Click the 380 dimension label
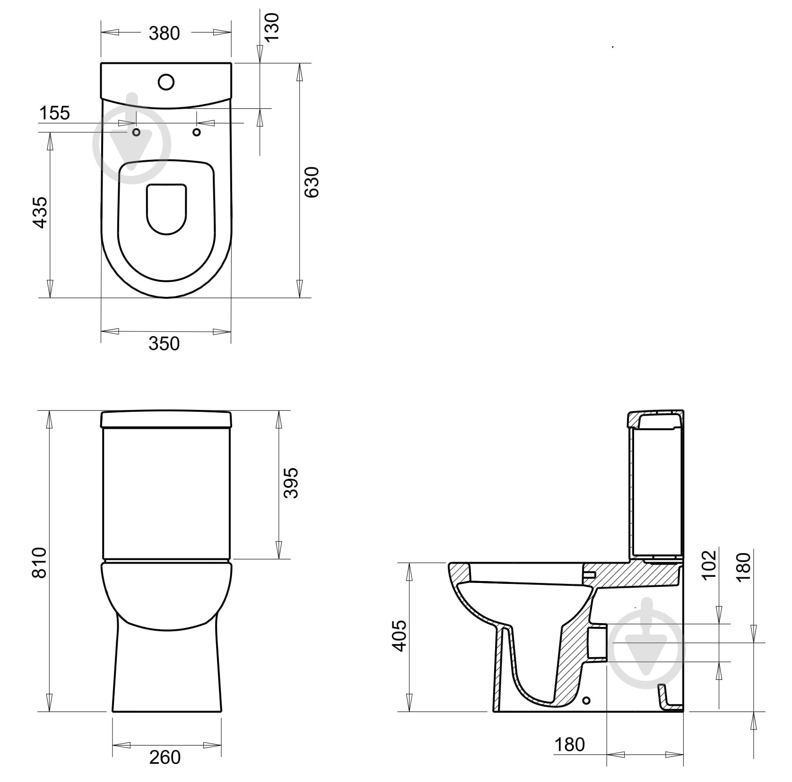pyautogui.click(x=164, y=34)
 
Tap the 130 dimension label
pyautogui.click(x=272, y=27)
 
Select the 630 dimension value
pyautogui.click(x=313, y=182)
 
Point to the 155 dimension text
pyautogui.click(x=54, y=113)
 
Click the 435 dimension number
pyautogui.click(x=41, y=212)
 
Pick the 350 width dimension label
pyautogui.click(x=164, y=344)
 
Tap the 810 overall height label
pyautogui.click(x=40, y=563)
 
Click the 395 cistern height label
pyautogui.click(x=291, y=483)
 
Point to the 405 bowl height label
pyautogui.click(x=400, y=636)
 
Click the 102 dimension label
pyautogui.click(x=709, y=565)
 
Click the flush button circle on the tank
pyautogui.click(x=166, y=82)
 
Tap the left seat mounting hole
pyautogui.click(x=136, y=132)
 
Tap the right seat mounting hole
pyautogui.click(x=197, y=132)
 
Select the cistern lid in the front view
pyautogui.click(x=166, y=419)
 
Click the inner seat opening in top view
pyautogui.click(x=166, y=208)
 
